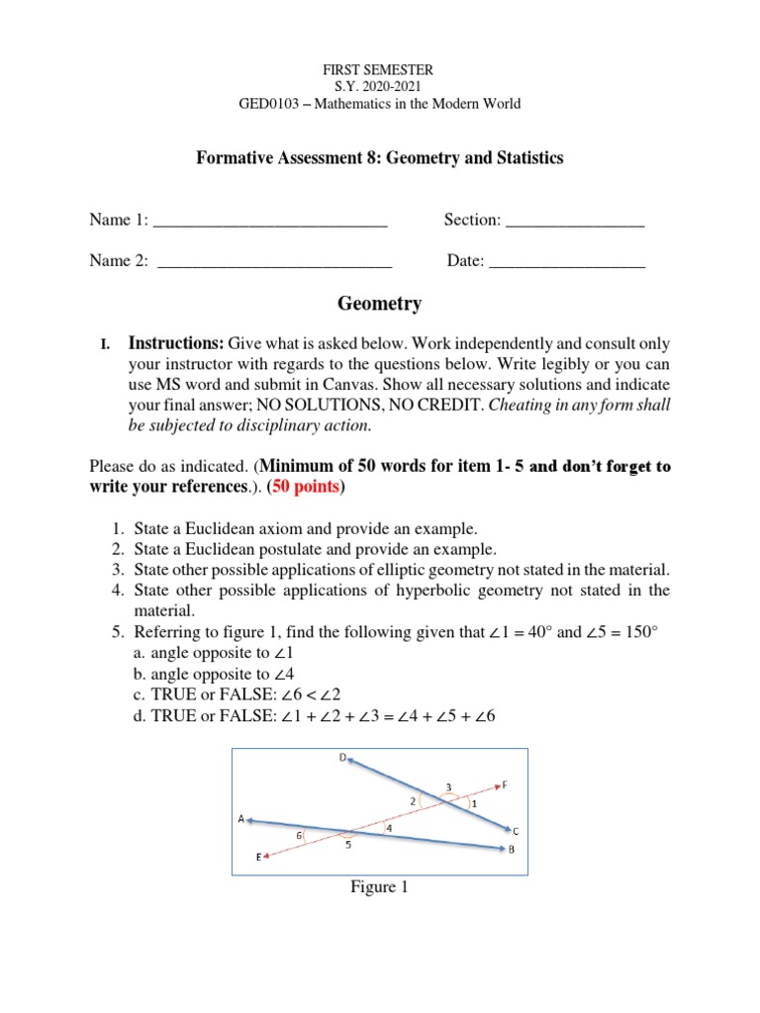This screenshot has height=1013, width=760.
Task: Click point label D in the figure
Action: [x=342, y=759]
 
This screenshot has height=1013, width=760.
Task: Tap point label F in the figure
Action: [x=505, y=784]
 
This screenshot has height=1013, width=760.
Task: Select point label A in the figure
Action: [x=240, y=819]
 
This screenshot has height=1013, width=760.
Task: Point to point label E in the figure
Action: [x=259, y=858]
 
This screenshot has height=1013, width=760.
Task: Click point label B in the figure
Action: [x=511, y=850]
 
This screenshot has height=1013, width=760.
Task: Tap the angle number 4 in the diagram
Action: [x=388, y=828]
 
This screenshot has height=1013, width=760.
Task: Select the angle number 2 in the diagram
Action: [x=413, y=799]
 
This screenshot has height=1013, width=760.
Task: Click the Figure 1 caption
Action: [x=380, y=887]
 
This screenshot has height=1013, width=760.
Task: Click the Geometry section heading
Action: [x=380, y=304]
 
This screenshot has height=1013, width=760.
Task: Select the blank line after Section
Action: [x=575, y=221]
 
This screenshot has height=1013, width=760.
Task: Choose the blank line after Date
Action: [x=567, y=261]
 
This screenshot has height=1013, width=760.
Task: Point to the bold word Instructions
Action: [x=176, y=343]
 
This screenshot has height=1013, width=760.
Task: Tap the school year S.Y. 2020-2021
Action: [x=380, y=86]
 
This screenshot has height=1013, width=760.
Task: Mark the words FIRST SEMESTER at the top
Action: [x=380, y=69]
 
